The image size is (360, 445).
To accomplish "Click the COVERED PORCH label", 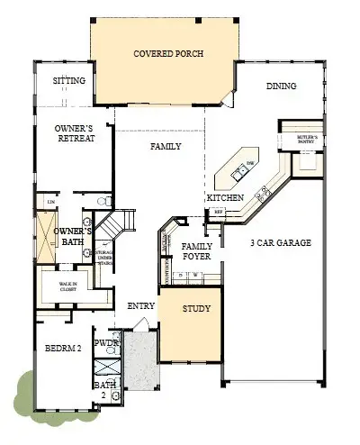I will pyautogui.click(x=168, y=54).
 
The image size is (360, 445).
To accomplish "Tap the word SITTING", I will pyautogui.click(x=69, y=81).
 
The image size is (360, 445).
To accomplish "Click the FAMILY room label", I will pyautogui.click(x=166, y=146).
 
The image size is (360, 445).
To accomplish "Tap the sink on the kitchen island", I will pyautogui.click(x=241, y=168).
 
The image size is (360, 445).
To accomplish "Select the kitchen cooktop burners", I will pyautogui.click(x=265, y=191).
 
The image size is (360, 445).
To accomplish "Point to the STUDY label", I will pyautogui.click(x=196, y=309).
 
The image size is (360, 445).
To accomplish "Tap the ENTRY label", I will pyautogui.click(x=141, y=307).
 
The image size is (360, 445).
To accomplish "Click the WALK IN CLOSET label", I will pyautogui.click(x=70, y=286).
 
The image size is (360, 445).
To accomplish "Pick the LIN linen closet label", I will pyautogui.click(x=40, y=201).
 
